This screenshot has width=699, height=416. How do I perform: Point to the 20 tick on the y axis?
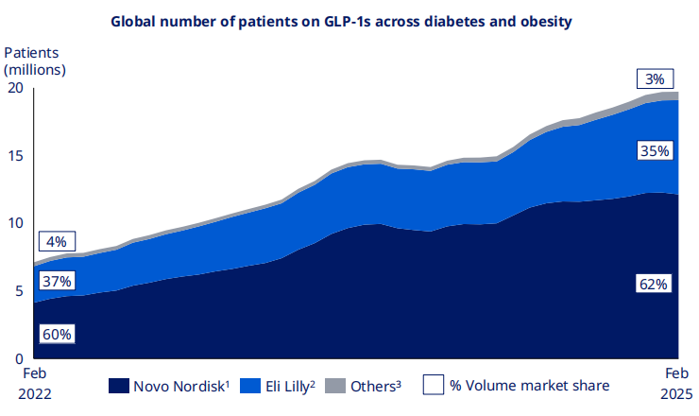(x=14, y=88)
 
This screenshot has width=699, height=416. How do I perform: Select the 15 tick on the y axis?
(x=14, y=156)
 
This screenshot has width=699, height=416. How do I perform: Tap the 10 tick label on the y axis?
(x=14, y=223)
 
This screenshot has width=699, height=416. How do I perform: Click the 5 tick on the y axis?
(x=18, y=291)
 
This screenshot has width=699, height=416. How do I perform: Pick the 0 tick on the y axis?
(x=18, y=359)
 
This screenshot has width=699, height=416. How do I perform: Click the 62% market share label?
(x=653, y=283)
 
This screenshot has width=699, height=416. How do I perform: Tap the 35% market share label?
(x=653, y=150)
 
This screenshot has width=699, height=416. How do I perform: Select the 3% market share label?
(x=653, y=78)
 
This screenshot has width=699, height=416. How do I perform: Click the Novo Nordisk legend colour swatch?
(x=119, y=386)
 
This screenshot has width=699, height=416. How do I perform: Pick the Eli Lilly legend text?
(x=282, y=386)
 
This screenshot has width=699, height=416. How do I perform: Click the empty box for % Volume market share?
(x=434, y=386)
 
